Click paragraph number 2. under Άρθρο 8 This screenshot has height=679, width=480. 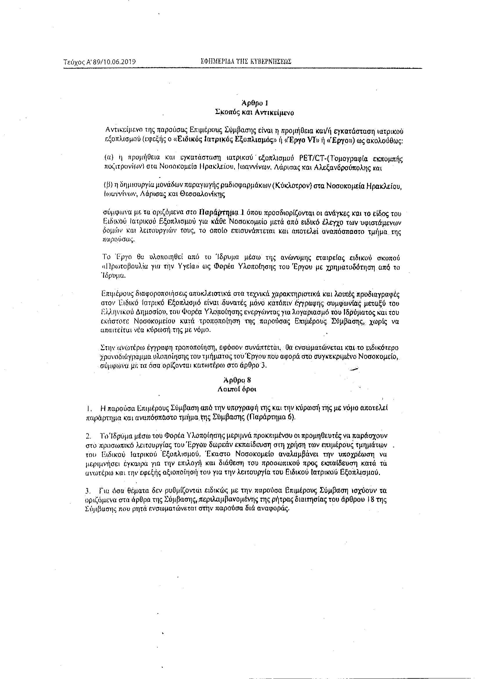(x=88, y=436)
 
